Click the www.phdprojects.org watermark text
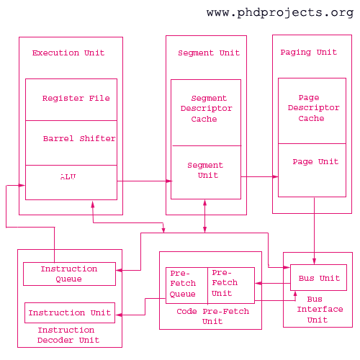280,12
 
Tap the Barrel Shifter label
79,138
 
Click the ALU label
68,177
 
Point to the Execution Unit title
68,53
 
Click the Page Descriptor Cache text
313,108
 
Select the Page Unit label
315,161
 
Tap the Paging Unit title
309,53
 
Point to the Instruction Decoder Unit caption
68,335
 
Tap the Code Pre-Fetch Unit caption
212,316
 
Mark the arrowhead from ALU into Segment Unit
169,181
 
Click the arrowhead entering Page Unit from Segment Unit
276,176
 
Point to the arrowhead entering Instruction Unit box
119,315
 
